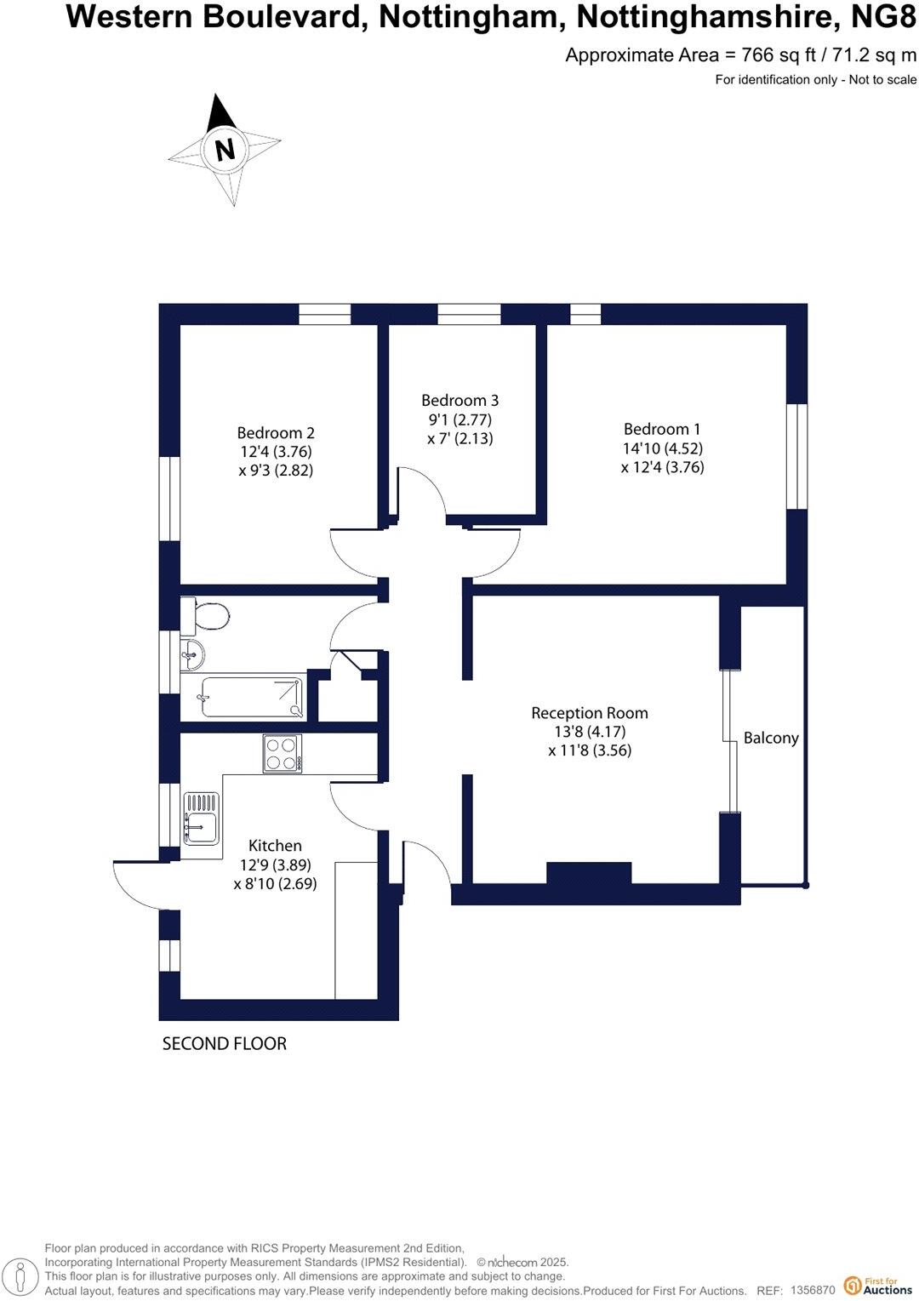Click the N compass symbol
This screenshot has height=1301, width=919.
point(225,150)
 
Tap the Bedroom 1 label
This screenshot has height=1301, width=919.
point(662,430)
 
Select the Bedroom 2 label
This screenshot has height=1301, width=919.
point(276,433)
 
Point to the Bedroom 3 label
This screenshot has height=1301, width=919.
point(459,400)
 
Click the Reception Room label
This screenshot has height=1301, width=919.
point(589,713)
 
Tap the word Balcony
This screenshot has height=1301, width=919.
point(771,738)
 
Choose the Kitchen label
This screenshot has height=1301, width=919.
point(275,845)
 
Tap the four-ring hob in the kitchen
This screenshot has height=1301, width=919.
point(283,753)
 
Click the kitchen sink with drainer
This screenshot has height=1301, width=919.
point(202,819)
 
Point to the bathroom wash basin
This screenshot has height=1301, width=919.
point(192,653)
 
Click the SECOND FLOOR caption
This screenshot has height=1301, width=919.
point(225,1043)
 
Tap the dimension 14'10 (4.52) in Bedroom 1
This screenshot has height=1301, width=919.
point(662,448)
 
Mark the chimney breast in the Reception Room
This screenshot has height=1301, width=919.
point(589,874)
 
